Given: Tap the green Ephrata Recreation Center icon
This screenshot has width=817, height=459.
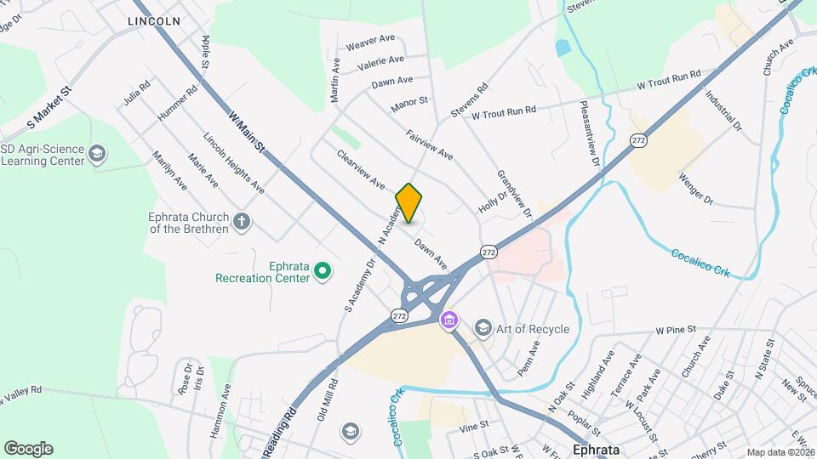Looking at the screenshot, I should click(x=323, y=271).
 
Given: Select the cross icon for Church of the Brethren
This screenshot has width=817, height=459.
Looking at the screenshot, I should click(x=243, y=223).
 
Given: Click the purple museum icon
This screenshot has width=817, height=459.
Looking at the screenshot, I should click(x=448, y=322).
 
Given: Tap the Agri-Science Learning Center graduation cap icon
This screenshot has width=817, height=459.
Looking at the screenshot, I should click(x=98, y=154).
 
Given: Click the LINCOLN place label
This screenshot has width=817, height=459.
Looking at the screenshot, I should click(x=154, y=20).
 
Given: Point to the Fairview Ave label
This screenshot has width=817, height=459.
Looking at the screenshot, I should click(x=430, y=145).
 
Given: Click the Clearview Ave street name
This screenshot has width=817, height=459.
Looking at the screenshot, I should click(x=361, y=169).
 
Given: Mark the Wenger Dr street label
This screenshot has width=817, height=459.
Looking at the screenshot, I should click(x=695, y=189).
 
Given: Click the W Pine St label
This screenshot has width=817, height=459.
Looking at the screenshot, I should click(x=676, y=328).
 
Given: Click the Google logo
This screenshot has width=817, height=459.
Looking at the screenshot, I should click(x=28, y=448).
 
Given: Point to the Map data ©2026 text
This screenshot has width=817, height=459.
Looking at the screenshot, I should click(x=779, y=451).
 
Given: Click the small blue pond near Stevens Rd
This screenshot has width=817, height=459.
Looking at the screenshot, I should click(x=563, y=48).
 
